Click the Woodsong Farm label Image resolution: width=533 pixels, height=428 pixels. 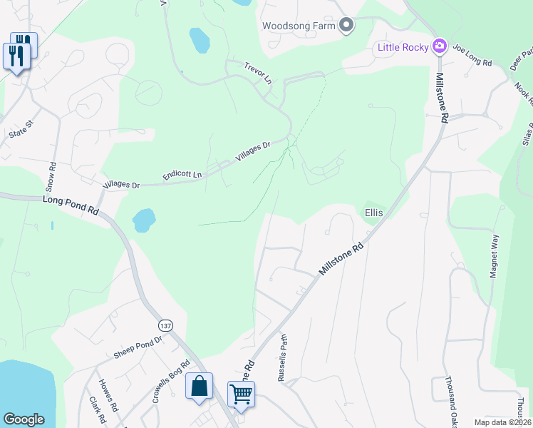(298, 26)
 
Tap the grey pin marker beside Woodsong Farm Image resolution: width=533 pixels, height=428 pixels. (346, 26)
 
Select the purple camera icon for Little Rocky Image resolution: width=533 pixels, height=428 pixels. (440, 47)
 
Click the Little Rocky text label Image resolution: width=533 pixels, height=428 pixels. (403, 47)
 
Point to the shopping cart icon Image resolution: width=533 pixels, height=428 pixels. (241, 394)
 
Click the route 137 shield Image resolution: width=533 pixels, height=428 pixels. (165, 325)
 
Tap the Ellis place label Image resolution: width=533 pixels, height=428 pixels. (374, 213)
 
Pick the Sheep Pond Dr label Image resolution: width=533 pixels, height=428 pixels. (138, 347)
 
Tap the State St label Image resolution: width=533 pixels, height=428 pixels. (21, 128)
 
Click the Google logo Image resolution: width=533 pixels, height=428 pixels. (24, 419)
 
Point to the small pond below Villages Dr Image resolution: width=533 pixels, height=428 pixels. (144, 220)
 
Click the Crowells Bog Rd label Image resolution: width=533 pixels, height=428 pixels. (170, 382)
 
